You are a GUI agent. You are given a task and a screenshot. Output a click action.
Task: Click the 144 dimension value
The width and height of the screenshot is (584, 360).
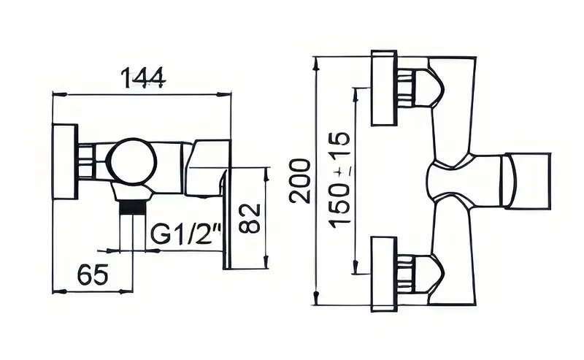143,77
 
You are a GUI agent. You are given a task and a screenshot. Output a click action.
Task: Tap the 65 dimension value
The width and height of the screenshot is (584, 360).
93,274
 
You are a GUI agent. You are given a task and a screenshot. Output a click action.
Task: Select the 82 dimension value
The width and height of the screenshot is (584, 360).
249,218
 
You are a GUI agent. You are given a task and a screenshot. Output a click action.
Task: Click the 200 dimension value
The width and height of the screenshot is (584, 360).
300,181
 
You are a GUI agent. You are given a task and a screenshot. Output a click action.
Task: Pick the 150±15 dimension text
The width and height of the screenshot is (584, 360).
339,180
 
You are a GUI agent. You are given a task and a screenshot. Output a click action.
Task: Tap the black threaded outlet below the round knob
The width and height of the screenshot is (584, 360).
132,207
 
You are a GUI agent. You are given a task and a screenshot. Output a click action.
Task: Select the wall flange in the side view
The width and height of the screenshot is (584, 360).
65,161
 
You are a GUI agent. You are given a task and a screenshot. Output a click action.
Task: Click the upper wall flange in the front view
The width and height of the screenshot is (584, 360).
384,88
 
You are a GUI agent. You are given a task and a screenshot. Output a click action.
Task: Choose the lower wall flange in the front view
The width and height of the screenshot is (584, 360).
384,274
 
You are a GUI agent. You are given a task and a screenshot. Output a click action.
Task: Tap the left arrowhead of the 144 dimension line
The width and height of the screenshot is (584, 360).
60,95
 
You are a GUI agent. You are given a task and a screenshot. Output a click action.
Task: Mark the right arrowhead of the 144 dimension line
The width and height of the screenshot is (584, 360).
223,95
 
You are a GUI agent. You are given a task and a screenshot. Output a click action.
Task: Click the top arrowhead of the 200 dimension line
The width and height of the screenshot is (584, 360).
316,64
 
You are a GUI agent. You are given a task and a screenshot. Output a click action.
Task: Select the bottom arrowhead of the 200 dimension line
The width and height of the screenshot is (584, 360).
316,298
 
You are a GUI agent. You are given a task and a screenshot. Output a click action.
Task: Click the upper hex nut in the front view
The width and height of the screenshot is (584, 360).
406,88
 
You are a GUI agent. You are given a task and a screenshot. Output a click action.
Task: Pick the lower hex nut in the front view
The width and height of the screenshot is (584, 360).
406,274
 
